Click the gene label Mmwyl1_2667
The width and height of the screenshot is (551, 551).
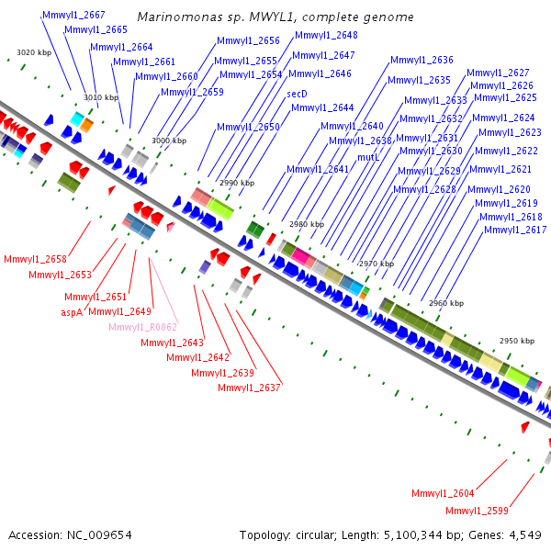[73, 15]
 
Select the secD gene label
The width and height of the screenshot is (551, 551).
[297, 94]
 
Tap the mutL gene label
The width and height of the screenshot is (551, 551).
[368, 157]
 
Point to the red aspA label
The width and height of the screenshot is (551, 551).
[72, 312]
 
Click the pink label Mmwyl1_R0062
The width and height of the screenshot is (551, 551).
[142, 327]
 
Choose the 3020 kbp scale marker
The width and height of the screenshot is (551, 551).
[34, 52]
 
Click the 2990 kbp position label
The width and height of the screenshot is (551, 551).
[237, 183]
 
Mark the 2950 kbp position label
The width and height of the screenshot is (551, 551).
[517, 341]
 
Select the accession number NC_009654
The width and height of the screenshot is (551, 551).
[99, 535]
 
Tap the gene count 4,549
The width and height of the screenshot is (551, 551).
[525, 535]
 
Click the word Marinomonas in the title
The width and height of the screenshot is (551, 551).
[180, 17]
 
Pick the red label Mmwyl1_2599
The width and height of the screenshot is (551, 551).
[477, 511]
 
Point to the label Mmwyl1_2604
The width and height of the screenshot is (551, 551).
[443, 493]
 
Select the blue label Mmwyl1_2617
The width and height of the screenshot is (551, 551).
[515, 230]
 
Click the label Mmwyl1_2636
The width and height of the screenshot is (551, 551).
[422, 60]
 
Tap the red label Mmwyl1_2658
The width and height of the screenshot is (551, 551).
[35, 259]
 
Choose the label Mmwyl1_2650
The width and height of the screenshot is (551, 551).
[248, 127]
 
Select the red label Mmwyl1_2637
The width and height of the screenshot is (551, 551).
[249, 388]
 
